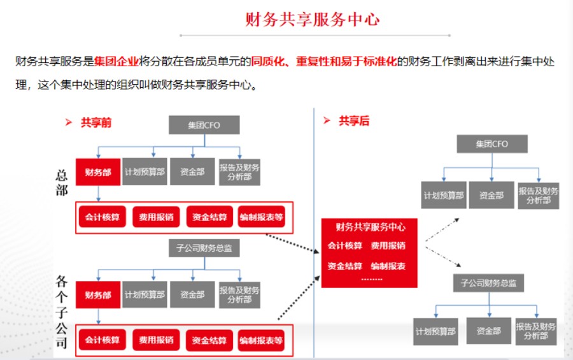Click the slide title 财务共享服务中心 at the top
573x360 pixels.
pyautogui.click(x=312, y=19)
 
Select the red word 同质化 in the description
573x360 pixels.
pyautogui.click(x=266, y=62)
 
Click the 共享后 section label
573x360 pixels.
pyautogui.click(x=354, y=121)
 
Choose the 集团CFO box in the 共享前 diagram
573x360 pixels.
pyautogui.click(x=204, y=125)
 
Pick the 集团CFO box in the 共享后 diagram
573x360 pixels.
pyautogui.click(x=492, y=144)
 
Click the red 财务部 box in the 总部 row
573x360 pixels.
pyautogui.click(x=97, y=172)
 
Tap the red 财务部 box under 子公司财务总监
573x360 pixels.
pyautogui.click(x=97, y=295)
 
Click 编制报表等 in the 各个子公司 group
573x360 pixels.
pyautogui.click(x=261, y=340)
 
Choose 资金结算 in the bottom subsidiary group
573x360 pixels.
pyautogui.click(x=209, y=340)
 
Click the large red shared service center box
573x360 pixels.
pyautogui.click(x=369, y=253)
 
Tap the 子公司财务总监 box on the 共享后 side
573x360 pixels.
pyautogui.click(x=488, y=283)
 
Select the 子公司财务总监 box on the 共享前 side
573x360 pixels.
pyautogui.click(x=204, y=248)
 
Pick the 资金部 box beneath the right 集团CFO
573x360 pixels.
pyautogui.click(x=492, y=196)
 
